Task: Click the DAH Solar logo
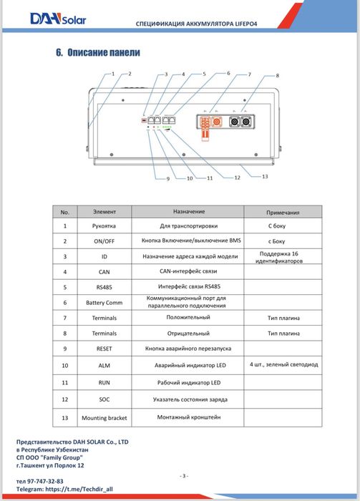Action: coord(58,19)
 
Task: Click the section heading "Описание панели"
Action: coord(104,52)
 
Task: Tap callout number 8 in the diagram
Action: coord(277,76)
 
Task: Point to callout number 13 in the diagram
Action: coord(265,176)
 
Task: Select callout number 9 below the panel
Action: coord(168,179)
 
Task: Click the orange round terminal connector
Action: coord(217,122)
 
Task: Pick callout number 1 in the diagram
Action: coord(113,74)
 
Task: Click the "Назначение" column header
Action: coord(189,212)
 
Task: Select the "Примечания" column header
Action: coord(283,213)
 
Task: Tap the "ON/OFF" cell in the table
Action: coord(104,241)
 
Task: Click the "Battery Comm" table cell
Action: coord(104,303)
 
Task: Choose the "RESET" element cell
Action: coord(104,349)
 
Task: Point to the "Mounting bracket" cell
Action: coord(104,418)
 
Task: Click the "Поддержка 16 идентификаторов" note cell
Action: coord(279,257)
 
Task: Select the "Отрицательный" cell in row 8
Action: coord(188,334)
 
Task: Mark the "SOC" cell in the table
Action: coord(104,399)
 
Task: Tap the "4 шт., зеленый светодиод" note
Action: coord(283,364)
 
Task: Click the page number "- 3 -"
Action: coord(184,476)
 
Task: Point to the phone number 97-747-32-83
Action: coord(45,481)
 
